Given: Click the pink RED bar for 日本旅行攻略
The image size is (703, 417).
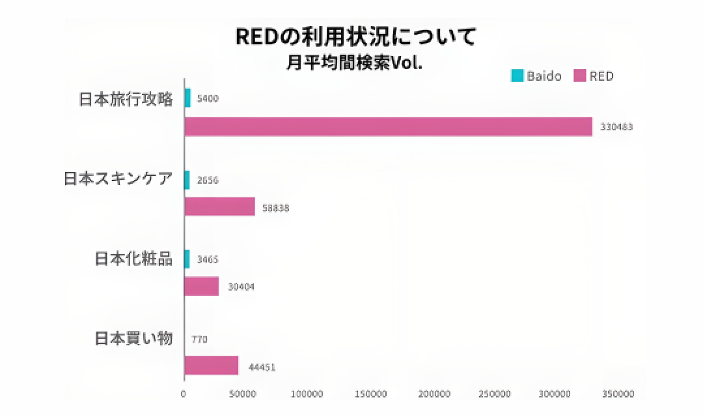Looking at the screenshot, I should point(388,126).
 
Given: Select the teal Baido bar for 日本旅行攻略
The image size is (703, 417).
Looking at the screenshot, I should point(187,98).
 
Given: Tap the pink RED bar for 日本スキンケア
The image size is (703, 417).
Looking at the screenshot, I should point(219,207).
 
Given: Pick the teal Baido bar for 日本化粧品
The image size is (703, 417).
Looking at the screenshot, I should point(187,259).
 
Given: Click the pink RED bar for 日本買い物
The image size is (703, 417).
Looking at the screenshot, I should point(211,366).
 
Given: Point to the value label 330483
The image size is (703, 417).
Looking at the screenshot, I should point(616,127).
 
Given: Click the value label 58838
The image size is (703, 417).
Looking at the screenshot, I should point(275,208).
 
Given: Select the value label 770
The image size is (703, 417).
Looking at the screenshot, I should point(200,339).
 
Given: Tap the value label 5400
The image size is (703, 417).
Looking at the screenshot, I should point(208,98).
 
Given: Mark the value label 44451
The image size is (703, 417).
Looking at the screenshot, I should point(262,367).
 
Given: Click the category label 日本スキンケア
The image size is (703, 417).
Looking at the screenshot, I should point(118,179).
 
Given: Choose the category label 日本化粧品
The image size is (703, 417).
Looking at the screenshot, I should point(133,259).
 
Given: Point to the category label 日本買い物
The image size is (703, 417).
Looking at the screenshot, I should point(133,339).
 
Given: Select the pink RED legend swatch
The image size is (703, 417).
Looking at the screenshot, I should point(579,76).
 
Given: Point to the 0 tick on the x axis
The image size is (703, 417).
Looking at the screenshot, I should point(184,394).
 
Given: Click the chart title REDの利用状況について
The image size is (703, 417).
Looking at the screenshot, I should point(355,36).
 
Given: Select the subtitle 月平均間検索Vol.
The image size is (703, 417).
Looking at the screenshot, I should point(354,65).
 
